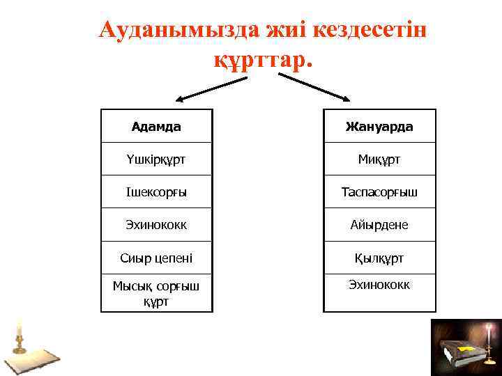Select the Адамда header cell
click(156, 127)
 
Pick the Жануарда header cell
click(379, 127)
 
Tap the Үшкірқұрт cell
click(156, 159)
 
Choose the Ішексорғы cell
click(156, 192)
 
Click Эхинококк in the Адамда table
click(156, 225)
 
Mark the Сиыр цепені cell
click(156, 258)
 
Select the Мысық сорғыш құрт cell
click(156, 292)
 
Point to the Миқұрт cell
click(379, 159)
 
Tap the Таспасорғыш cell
click(379, 192)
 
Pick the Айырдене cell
click(379, 225)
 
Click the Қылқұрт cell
click(379, 258)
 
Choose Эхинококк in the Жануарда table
click(379, 284)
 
